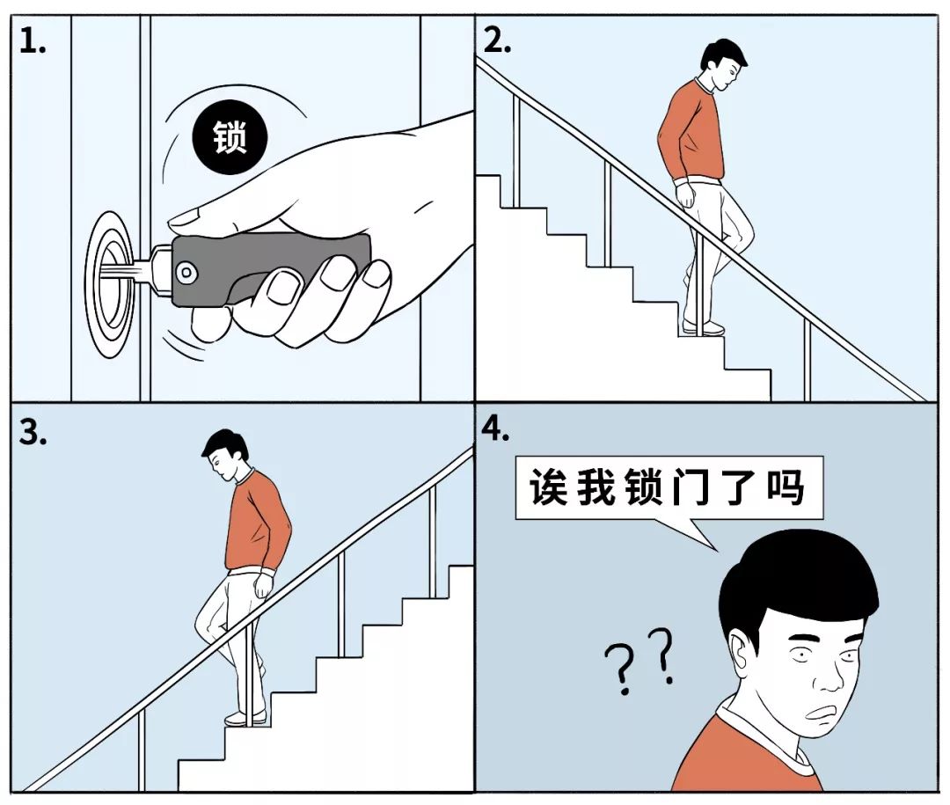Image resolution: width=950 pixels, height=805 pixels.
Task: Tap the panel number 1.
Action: pyautogui.click(x=33, y=41)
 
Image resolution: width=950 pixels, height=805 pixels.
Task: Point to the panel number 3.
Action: pyautogui.click(x=33, y=435)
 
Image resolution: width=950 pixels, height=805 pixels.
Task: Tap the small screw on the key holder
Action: pyautogui.click(x=186, y=274)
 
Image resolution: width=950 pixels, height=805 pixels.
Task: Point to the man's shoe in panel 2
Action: pyautogui.click(x=705, y=329)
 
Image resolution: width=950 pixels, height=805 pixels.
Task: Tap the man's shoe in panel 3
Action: pyautogui.click(x=245, y=718)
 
